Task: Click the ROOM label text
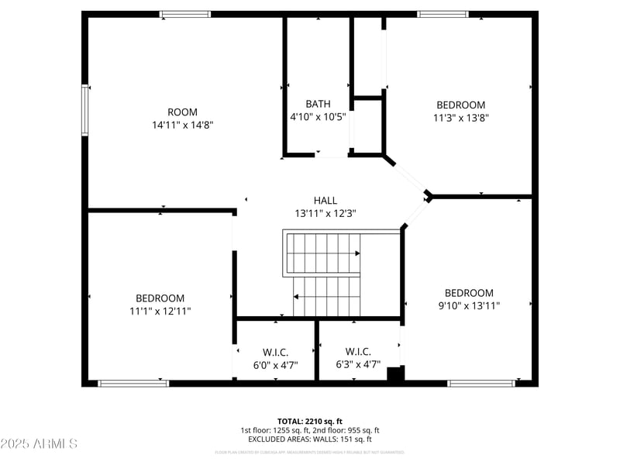pos(182,112)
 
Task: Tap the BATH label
pos(318,104)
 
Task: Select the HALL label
pos(325,200)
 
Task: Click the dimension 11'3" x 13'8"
pos(460,118)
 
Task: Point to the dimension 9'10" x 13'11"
pos(468,305)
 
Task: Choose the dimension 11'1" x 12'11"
pos(160,311)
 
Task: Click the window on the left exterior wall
pos(85,110)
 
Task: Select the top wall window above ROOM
pos(184,14)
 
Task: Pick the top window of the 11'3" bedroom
pos(443,14)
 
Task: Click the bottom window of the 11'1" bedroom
pos(133,383)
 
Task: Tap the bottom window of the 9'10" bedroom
pos(481,383)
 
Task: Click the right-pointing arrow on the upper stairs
pos(356,253)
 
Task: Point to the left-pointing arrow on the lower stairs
pos(296,296)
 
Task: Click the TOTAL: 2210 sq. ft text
pos(309,421)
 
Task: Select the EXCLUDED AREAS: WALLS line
pos(309,439)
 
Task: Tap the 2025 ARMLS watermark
pos(39,444)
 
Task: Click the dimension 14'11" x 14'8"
pos(182,124)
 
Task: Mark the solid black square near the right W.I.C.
pos(395,374)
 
